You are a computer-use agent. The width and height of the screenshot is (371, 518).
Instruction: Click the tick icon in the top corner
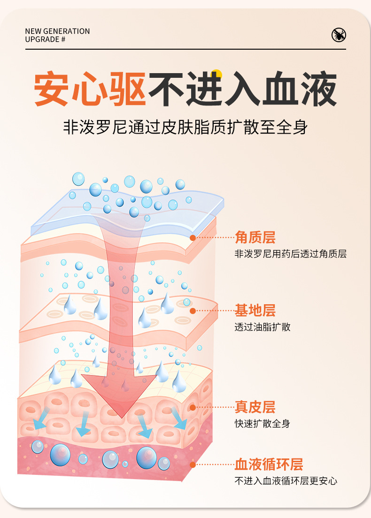coord(339,35)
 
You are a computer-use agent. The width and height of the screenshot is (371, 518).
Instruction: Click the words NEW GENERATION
coord(57,31)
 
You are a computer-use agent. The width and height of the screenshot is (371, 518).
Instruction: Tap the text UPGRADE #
coord(45,39)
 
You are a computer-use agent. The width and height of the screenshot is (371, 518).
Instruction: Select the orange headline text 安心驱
coord(90,89)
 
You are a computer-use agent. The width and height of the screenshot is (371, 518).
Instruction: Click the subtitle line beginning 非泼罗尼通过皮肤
coord(185,127)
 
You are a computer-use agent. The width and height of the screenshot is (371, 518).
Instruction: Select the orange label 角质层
coord(255,238)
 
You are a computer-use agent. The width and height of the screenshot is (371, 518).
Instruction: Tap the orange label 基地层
coord(255,310)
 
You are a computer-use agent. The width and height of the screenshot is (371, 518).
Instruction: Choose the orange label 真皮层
coord(255,407)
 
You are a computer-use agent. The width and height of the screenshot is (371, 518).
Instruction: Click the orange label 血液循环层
coord(269,465)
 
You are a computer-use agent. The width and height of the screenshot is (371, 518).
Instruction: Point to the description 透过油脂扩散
coord(263,327)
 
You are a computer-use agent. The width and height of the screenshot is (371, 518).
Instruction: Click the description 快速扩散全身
coord(263,424)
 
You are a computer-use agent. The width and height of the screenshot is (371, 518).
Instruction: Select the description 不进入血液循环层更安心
coord(286,481)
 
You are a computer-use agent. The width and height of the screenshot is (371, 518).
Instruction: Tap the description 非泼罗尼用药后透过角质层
coord(290,254)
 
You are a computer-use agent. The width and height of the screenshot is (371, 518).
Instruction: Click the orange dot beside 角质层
coord(193,238)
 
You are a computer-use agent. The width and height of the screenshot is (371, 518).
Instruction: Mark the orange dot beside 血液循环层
coord(193,465)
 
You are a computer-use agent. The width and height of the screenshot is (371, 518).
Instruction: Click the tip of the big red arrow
coord(122,416)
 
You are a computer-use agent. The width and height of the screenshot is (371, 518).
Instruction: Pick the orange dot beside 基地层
coord(193,310)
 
